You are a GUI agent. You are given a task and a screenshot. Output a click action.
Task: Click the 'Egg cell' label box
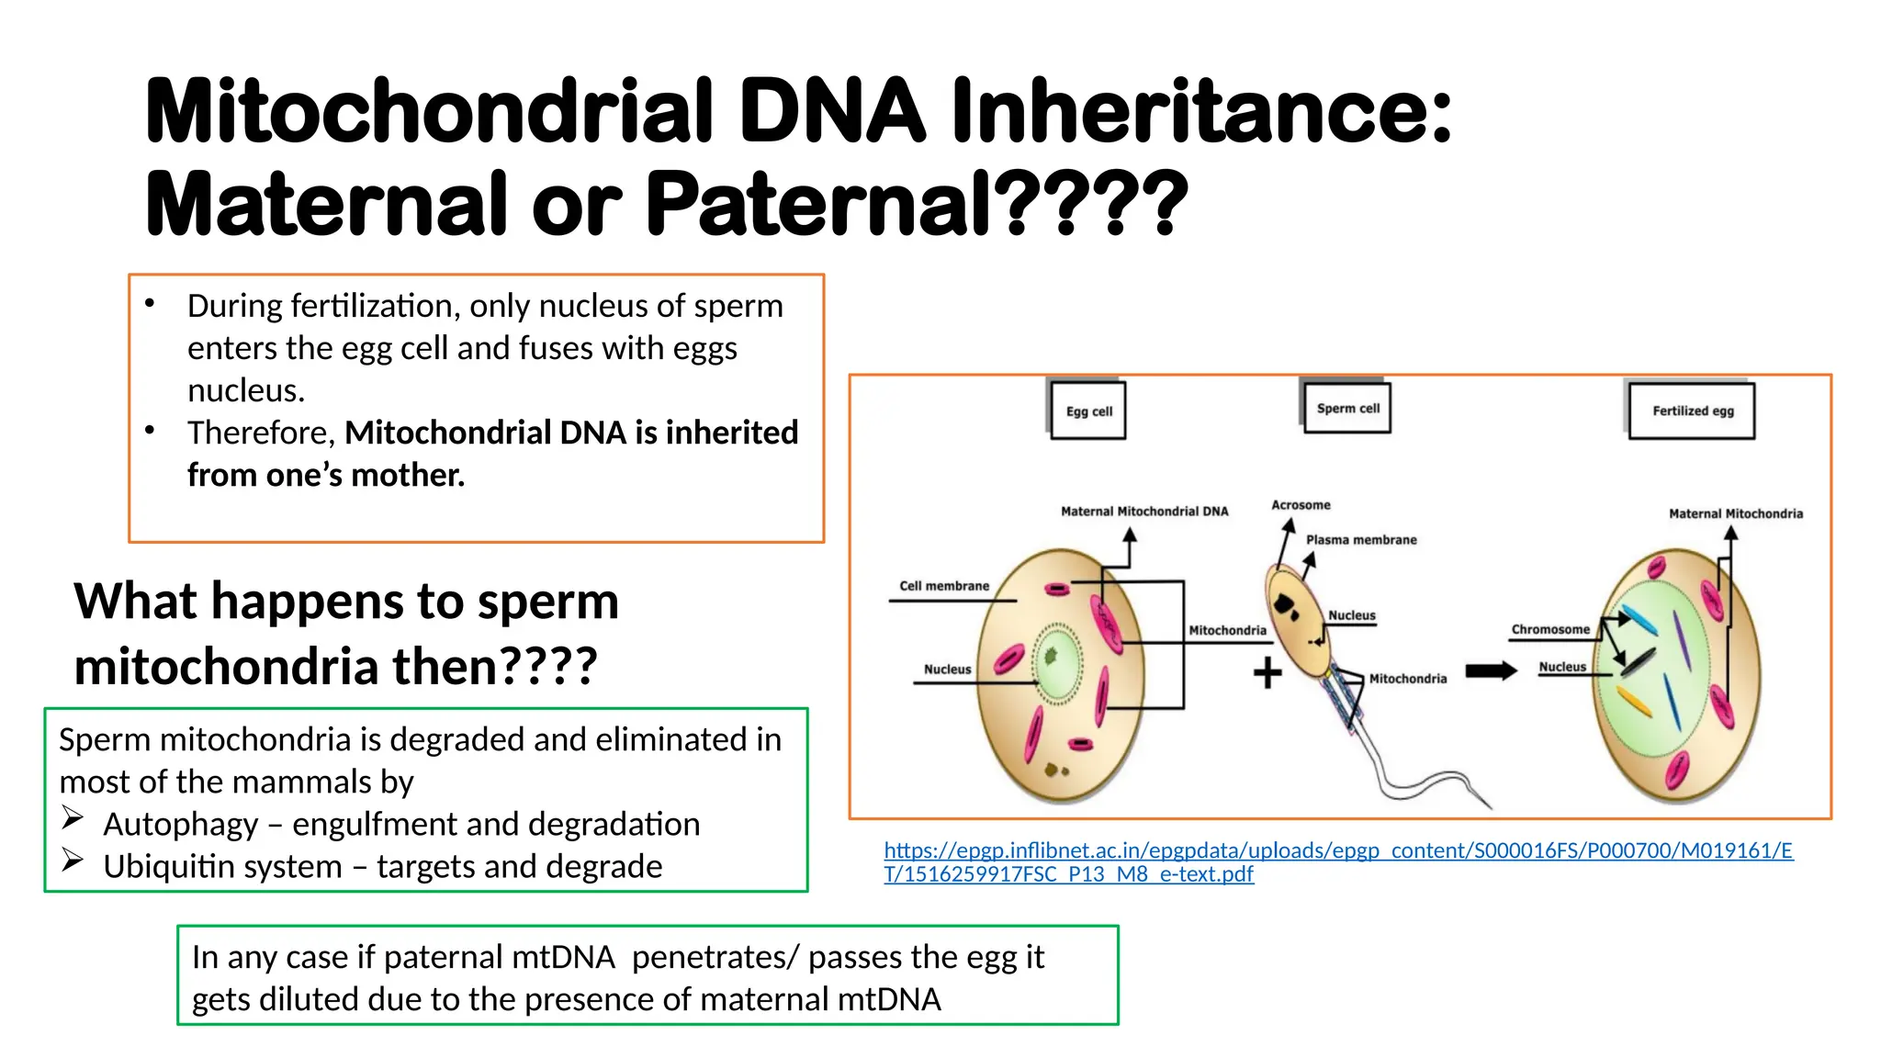pyautogui.click(x=1088, y=411)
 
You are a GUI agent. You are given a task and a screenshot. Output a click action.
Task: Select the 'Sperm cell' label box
pyautogui.click(x=1347, y=408)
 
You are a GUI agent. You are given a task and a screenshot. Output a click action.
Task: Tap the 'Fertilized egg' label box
pyautogui.click(x=1692, y=411)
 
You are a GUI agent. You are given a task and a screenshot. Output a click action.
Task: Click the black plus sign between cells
pyautogui.click(x=1267, y=673)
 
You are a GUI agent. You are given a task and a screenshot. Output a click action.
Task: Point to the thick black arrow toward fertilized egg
pyautogui.click(x=1491, y=671)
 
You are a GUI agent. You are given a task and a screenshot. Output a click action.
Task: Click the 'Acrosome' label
pyautogui.click(x=1301, y=505)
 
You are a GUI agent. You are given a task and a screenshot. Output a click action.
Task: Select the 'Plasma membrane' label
pyautogui.click(x=1361, y=540)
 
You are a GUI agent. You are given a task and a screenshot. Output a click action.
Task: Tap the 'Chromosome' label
pyautogui.click(x=1550, y=629)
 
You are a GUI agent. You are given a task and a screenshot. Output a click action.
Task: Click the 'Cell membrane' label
pyautogui.click(x=944, y=586)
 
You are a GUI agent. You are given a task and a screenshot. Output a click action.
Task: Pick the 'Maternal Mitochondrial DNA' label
pyautogui.click(x=1144, y=512)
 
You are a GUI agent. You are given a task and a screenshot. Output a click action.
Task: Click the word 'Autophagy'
pyautogui.click(x=181, y=825)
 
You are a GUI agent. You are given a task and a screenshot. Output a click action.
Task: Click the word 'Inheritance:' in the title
pyautogui.click(x=1201, y=112)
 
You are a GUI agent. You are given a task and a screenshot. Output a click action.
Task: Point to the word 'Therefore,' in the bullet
pyautogui.click(x=261, y=433)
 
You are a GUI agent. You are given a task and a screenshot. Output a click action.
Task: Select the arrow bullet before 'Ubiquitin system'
pyautogui.click(x=73, y=861)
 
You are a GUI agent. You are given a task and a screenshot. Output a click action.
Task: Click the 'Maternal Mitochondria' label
pyautogui.click(x=1735, y=514)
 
